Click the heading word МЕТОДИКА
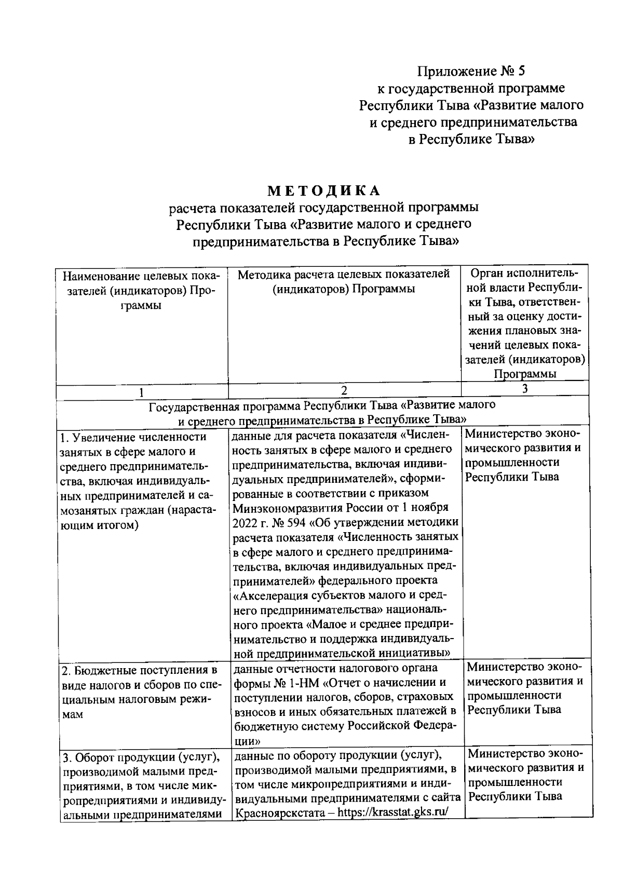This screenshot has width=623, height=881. coord(324,191)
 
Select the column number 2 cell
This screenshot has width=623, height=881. coord(344,390)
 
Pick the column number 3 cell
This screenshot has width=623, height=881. coord(524,389)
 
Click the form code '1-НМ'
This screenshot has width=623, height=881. coord(302,682)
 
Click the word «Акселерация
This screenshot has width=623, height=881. coord(269,594)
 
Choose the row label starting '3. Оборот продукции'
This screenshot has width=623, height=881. coord(140,755)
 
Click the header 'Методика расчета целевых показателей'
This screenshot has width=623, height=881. coord(344,274)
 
